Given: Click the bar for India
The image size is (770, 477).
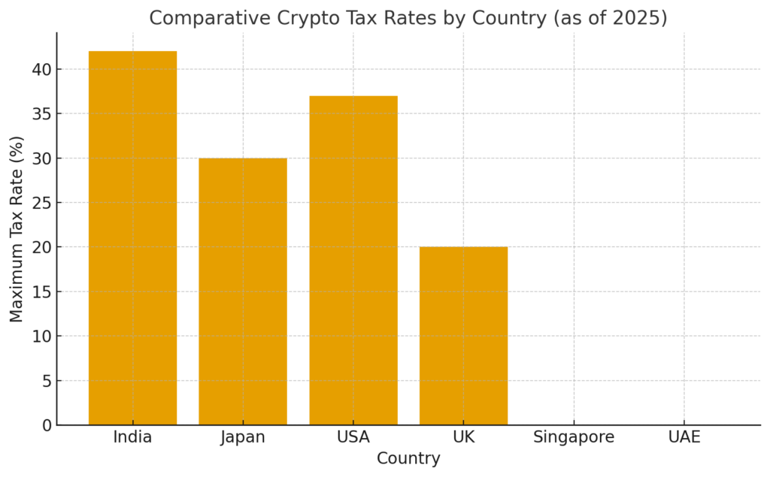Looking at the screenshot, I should pos(132,237).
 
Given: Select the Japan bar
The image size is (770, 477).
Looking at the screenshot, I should pos(243,291).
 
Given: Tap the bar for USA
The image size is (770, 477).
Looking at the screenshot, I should pos(353,260).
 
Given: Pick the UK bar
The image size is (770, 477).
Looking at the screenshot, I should pos(463,336).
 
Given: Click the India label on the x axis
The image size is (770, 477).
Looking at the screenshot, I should pos(132,437).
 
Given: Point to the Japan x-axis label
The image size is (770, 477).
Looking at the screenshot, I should pos(243,437).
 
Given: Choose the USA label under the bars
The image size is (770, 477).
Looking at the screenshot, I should pos(353,437).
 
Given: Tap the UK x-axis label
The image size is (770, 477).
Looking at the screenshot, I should pos(463,437).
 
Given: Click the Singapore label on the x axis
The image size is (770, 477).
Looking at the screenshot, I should pos(574,437).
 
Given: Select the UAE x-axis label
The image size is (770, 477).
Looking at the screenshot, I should pos(684,437).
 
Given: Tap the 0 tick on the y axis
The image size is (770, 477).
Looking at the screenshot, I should pos(46,425).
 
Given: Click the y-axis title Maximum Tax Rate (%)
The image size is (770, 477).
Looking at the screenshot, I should pos(17,229).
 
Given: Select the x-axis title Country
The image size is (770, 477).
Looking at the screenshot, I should pos(408,458).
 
